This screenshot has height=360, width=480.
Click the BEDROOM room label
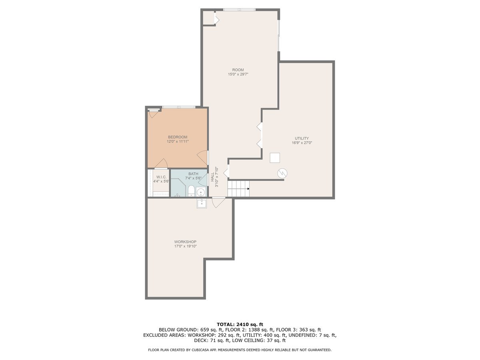(177, 137)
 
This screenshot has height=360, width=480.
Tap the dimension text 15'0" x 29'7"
(238, 74)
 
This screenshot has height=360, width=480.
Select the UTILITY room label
(302, 138)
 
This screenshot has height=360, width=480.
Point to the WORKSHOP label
(185, 242)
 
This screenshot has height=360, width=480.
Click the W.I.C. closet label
(161, 177)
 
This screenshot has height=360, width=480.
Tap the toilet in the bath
(191, 191)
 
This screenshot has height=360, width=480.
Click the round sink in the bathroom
(202, 192)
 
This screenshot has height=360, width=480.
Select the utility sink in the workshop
(202, 203)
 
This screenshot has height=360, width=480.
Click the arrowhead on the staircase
(248, 188)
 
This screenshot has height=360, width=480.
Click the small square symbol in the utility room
(275, 158)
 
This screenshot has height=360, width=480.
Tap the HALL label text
(212, 177)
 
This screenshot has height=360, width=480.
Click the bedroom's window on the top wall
(178, 107)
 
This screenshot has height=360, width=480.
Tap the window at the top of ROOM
(239, 10)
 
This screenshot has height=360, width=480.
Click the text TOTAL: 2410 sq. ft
(240, 324)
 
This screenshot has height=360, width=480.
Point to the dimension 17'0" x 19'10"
(185, 246)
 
